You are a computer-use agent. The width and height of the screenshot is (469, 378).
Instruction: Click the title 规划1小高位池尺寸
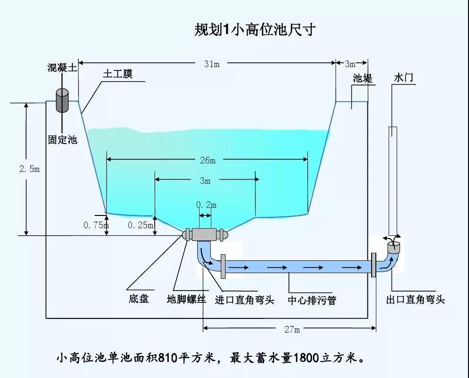tap(255, 30)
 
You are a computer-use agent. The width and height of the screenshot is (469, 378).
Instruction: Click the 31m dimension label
tap(211, 64)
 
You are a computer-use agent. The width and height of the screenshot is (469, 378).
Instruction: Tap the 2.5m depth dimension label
tap(29, 169)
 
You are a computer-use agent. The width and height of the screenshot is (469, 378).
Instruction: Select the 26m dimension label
tap(208, 160)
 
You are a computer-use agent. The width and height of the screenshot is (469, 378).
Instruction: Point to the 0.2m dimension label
tap(206, 205)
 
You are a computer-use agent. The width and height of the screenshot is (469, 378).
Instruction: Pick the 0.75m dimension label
tap(96, 225)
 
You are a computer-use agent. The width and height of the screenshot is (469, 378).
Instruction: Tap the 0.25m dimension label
tap(140, 225)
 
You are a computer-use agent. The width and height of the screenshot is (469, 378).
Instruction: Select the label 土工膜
tap(118, 74)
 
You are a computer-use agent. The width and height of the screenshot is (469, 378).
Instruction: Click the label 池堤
tap(362, 78)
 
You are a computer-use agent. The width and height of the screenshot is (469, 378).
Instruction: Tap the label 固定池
tap(62, 140)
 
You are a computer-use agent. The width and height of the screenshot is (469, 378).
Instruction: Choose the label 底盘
tap(139, 299)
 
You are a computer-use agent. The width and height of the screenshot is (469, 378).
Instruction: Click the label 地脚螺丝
tap(186, 299)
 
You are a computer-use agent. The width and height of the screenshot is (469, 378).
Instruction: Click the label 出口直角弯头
tap(416, 300)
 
